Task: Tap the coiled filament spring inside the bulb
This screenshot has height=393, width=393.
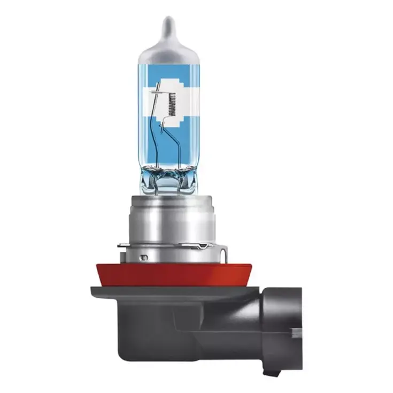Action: tap(172, 102)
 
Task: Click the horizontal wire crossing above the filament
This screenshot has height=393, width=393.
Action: tap(160, 92)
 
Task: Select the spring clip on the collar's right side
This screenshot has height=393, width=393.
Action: tap(206, 246)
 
